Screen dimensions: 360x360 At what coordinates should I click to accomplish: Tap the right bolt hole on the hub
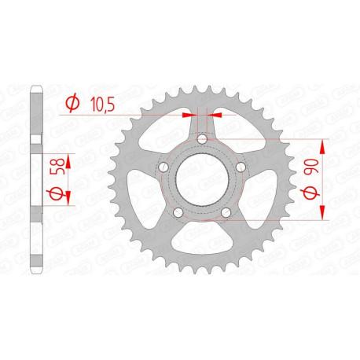click(x=238, y=167)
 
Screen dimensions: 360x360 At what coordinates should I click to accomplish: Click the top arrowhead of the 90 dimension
click(x=323, y=147)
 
